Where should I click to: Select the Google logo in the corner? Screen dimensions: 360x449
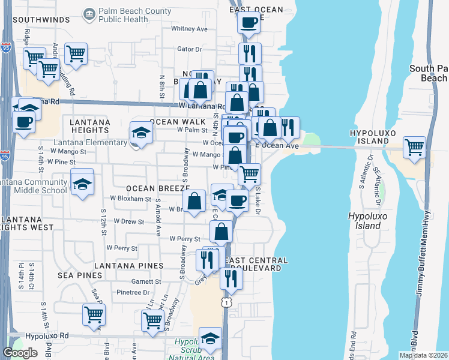tap(20, 353)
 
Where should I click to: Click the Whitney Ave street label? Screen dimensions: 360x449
tap(189, 29)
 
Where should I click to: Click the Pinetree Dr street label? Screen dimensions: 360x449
tap(133, 293)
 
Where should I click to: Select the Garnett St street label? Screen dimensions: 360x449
tap(146, 281)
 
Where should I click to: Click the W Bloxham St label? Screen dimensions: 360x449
tap(131, 198)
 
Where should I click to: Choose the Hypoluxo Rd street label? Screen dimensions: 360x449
tap(47, 336)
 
